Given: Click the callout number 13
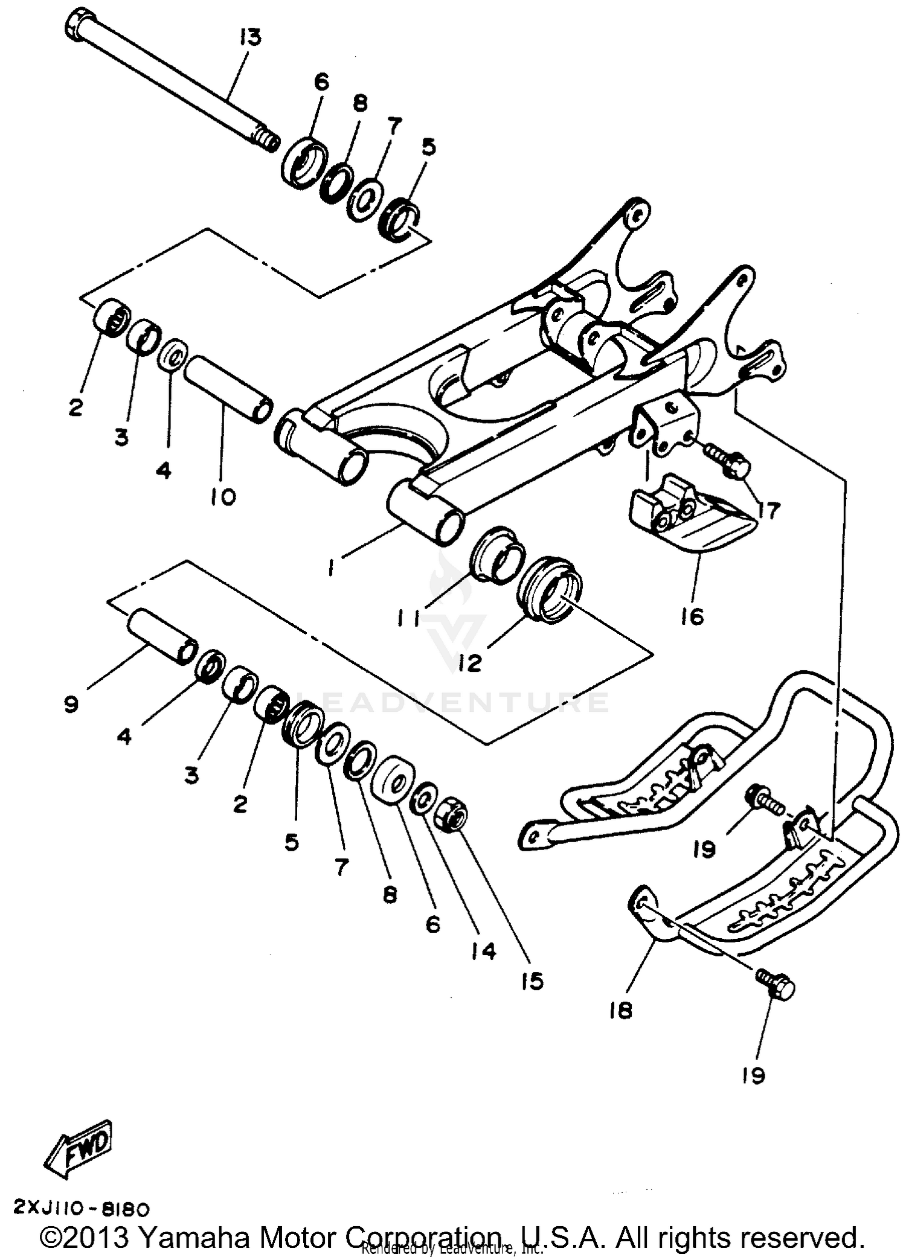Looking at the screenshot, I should click(x=249, y=37).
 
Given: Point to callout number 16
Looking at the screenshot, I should click(x=692, y=617).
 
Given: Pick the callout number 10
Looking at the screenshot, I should click(x=223, y=497).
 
